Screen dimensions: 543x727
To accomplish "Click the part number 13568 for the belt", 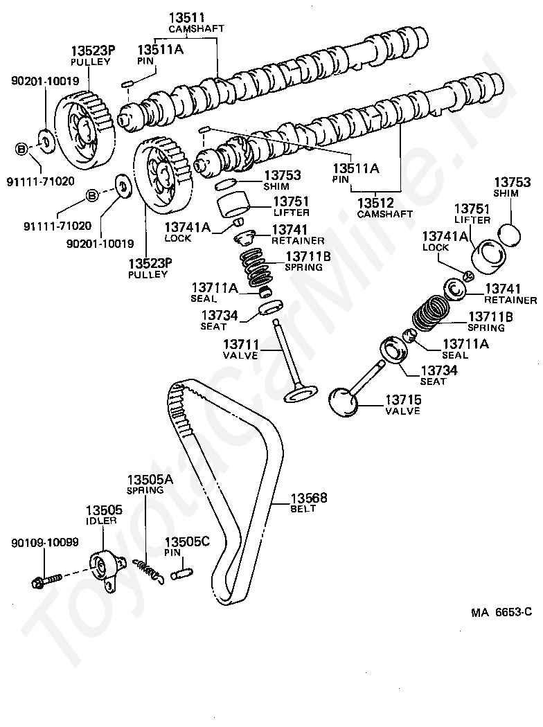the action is pyautogui.click(x=309, y=498).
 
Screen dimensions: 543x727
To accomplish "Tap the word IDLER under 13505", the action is pyautogui.click(x=101, y=521).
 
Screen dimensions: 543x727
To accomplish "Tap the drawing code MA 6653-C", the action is pyautogui.click(x=501, y=612).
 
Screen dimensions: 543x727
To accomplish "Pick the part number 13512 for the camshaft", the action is pyautogui.click(x=375, y=203).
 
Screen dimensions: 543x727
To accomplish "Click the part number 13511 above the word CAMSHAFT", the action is pyautogui.click(x=187, y=18).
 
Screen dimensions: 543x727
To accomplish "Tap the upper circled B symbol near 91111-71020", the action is pyautogui.click(x=21, y=150).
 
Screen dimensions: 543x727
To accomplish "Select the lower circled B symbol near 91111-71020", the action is pyautogui.click(x=92, y=196).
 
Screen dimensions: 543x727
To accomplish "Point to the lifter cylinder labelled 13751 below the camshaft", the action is pyautogui.click(x=233, y=204).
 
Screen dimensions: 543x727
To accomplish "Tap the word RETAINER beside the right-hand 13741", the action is pyautogui.click(x=510, y=300).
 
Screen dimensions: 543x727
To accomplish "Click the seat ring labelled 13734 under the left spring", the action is pyautogui.click(x=270, y=307).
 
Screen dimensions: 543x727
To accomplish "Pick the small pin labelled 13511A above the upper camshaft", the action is pyautogui.click(x=127, y=84).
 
